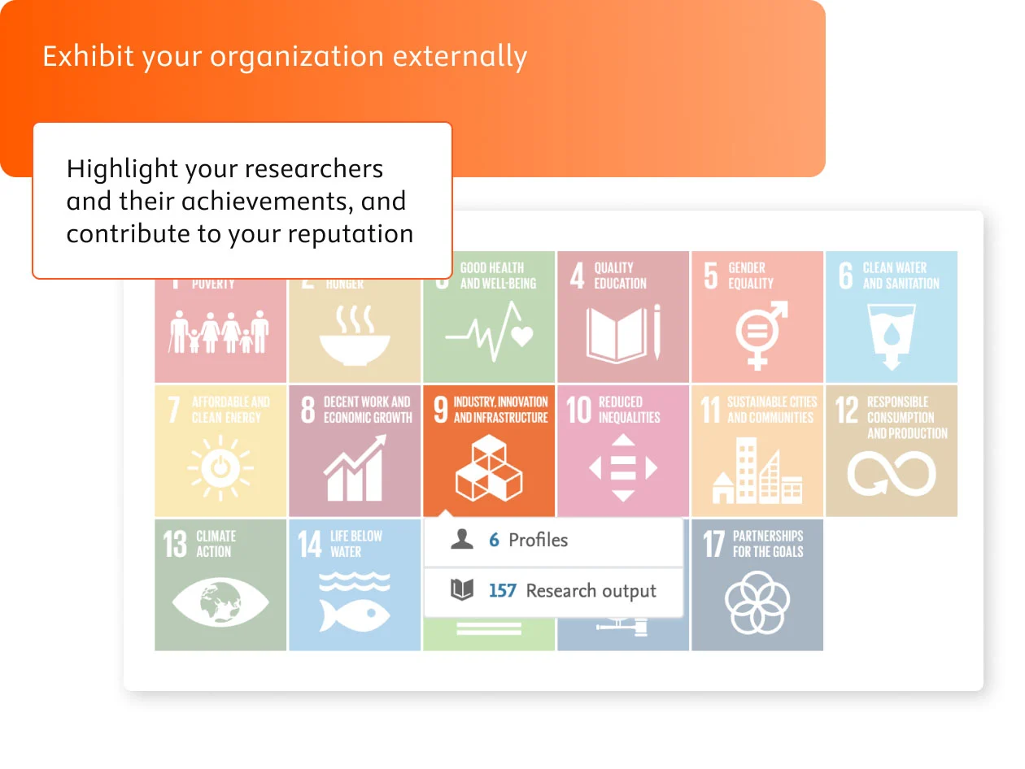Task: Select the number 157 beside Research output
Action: tap(502, 591)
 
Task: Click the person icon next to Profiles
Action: tap(462, 540)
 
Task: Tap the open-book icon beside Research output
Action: tap(462, 590)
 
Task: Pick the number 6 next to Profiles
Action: tap(494, 541)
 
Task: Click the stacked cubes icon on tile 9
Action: tap(488, 468)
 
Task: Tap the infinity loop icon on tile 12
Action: tap(892, 473)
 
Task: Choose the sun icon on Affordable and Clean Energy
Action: tap(220, 468)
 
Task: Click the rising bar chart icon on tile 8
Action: tap(355, 469)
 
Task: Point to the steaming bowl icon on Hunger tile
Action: tap(354, 335)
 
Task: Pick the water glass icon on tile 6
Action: tap(892, 335)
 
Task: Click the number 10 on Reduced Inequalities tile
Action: tap(578, 410)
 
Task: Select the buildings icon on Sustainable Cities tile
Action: tap(757, 471)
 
